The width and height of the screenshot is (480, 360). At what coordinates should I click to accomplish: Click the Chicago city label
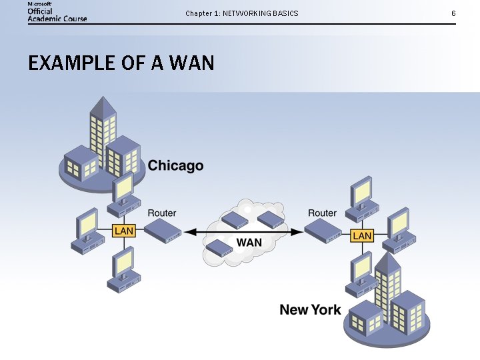(x=175, y=165)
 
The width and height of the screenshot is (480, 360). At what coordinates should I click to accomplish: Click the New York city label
(x=310, y=309)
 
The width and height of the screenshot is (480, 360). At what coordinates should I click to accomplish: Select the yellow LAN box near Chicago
(x=124, y=231)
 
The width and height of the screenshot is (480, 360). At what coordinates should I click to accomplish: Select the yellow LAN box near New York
(x=362, y=235)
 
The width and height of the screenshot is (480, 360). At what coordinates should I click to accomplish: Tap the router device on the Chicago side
(x=163, y=231)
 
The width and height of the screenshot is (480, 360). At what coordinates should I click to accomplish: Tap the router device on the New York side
(x=323, y=231)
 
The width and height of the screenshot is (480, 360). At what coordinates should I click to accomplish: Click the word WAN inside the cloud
(x=249, y=242)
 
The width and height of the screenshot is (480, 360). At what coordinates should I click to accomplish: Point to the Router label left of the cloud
(x=161, y=213)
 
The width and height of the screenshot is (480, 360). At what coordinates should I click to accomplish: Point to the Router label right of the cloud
(x=322, y=213)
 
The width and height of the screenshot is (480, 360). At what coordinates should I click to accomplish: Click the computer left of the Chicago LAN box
(x=87, y=232)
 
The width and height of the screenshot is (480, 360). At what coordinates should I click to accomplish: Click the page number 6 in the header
(x=453, y=13)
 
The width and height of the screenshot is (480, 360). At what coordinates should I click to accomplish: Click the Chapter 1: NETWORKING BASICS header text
(x=241, y=13)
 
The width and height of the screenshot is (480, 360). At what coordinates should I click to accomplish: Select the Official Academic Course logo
(x=57, y=12)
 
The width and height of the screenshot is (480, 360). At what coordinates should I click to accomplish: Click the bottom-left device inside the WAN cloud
(x=219, y=248)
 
